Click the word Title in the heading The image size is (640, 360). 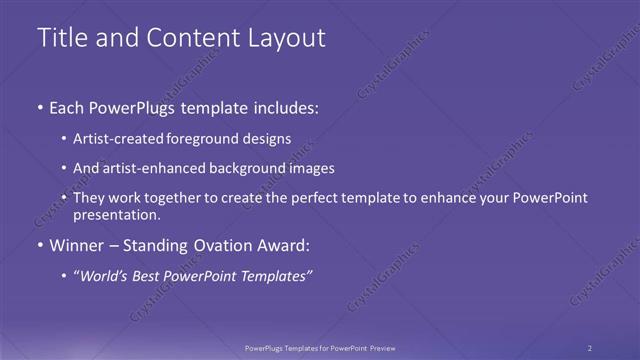pos(59,38)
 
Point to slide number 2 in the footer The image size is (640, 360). pos(590,348)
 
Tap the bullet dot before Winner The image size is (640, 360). pos(39,245)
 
